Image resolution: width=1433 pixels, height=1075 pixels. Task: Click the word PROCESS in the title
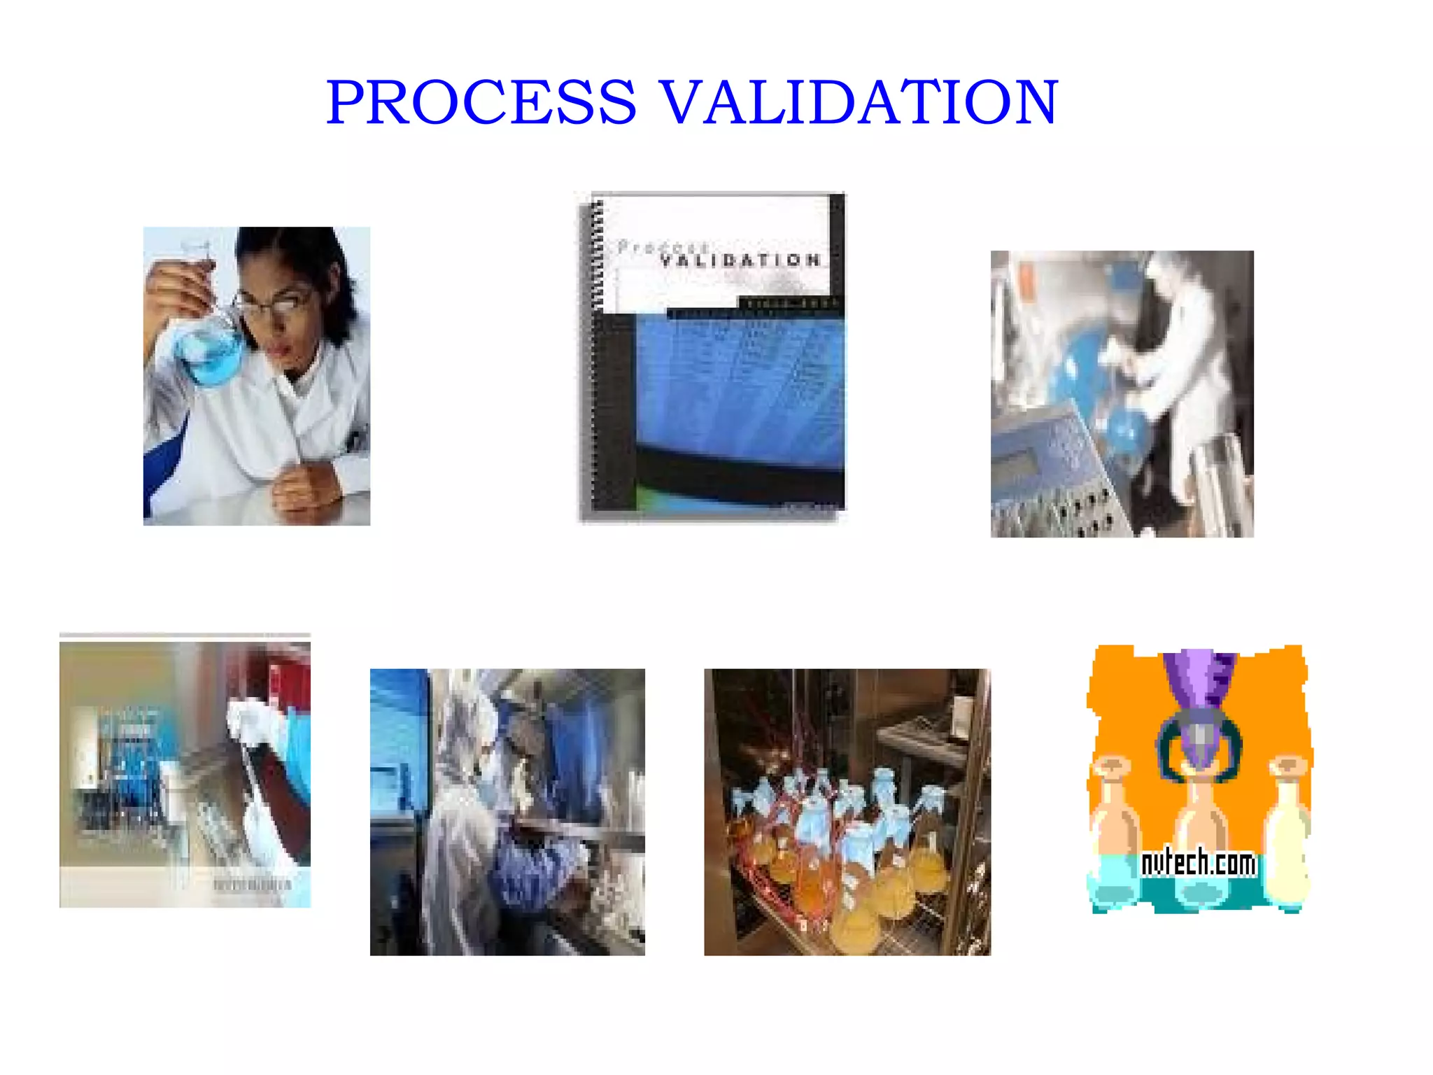[x=481, y=102]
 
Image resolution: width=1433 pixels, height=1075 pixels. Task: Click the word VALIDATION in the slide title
[x=859, y=102]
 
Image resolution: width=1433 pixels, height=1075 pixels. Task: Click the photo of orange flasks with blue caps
[x=847, y=812]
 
